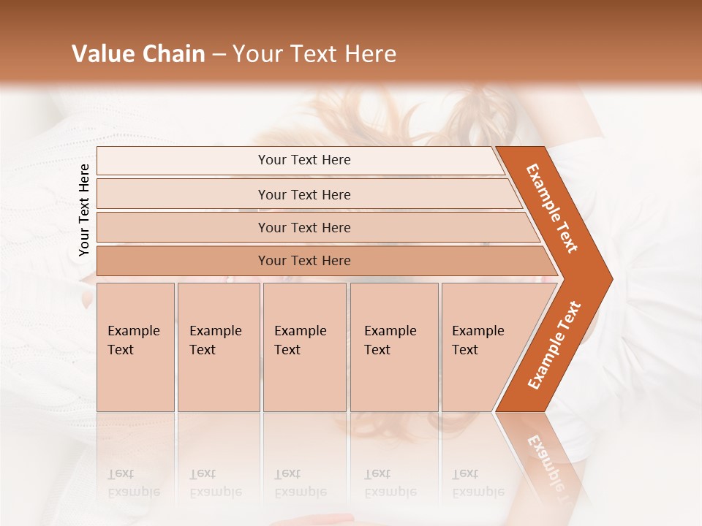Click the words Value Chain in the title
click(x=138, y=54)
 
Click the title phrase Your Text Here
click(x=314, y=54)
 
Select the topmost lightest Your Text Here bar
click(x=304, y=160)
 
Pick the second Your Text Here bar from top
click(x=304, y=194)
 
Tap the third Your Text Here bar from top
click(x=304, y=227)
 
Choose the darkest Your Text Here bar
click(x=304, y=261)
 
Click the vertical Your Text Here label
click(x=84, y=210)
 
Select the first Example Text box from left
click(x=135, y=346)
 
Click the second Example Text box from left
click(x=218, y=346)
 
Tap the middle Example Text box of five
click(x=304, y=346)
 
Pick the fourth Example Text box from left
click(x=394, y=346)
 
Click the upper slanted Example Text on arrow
click(x=552, y=208)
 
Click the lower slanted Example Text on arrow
click(x=554, y=345)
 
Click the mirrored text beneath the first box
click(x=133, y=483)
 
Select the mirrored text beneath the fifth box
click(x=478, y=483)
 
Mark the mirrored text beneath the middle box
click(x=300, y=483)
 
